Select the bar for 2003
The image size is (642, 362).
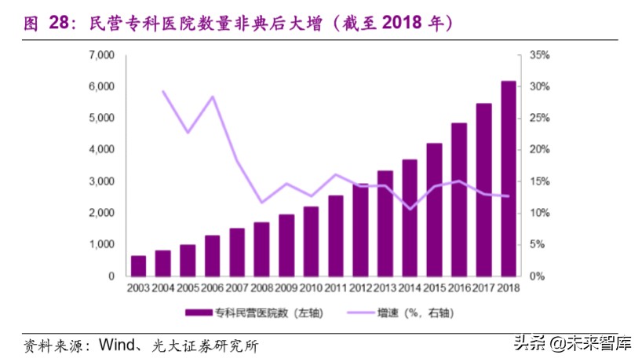(138, 265)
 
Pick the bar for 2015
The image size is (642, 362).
(434, 210)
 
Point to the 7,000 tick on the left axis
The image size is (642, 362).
(101, 55)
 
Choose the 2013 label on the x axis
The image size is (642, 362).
(385, 288)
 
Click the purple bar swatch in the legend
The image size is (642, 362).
(199, 313)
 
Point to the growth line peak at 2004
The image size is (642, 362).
(163, 91)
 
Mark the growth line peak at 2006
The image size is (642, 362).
(212, 97)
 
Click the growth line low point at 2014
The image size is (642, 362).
(410, 209)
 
